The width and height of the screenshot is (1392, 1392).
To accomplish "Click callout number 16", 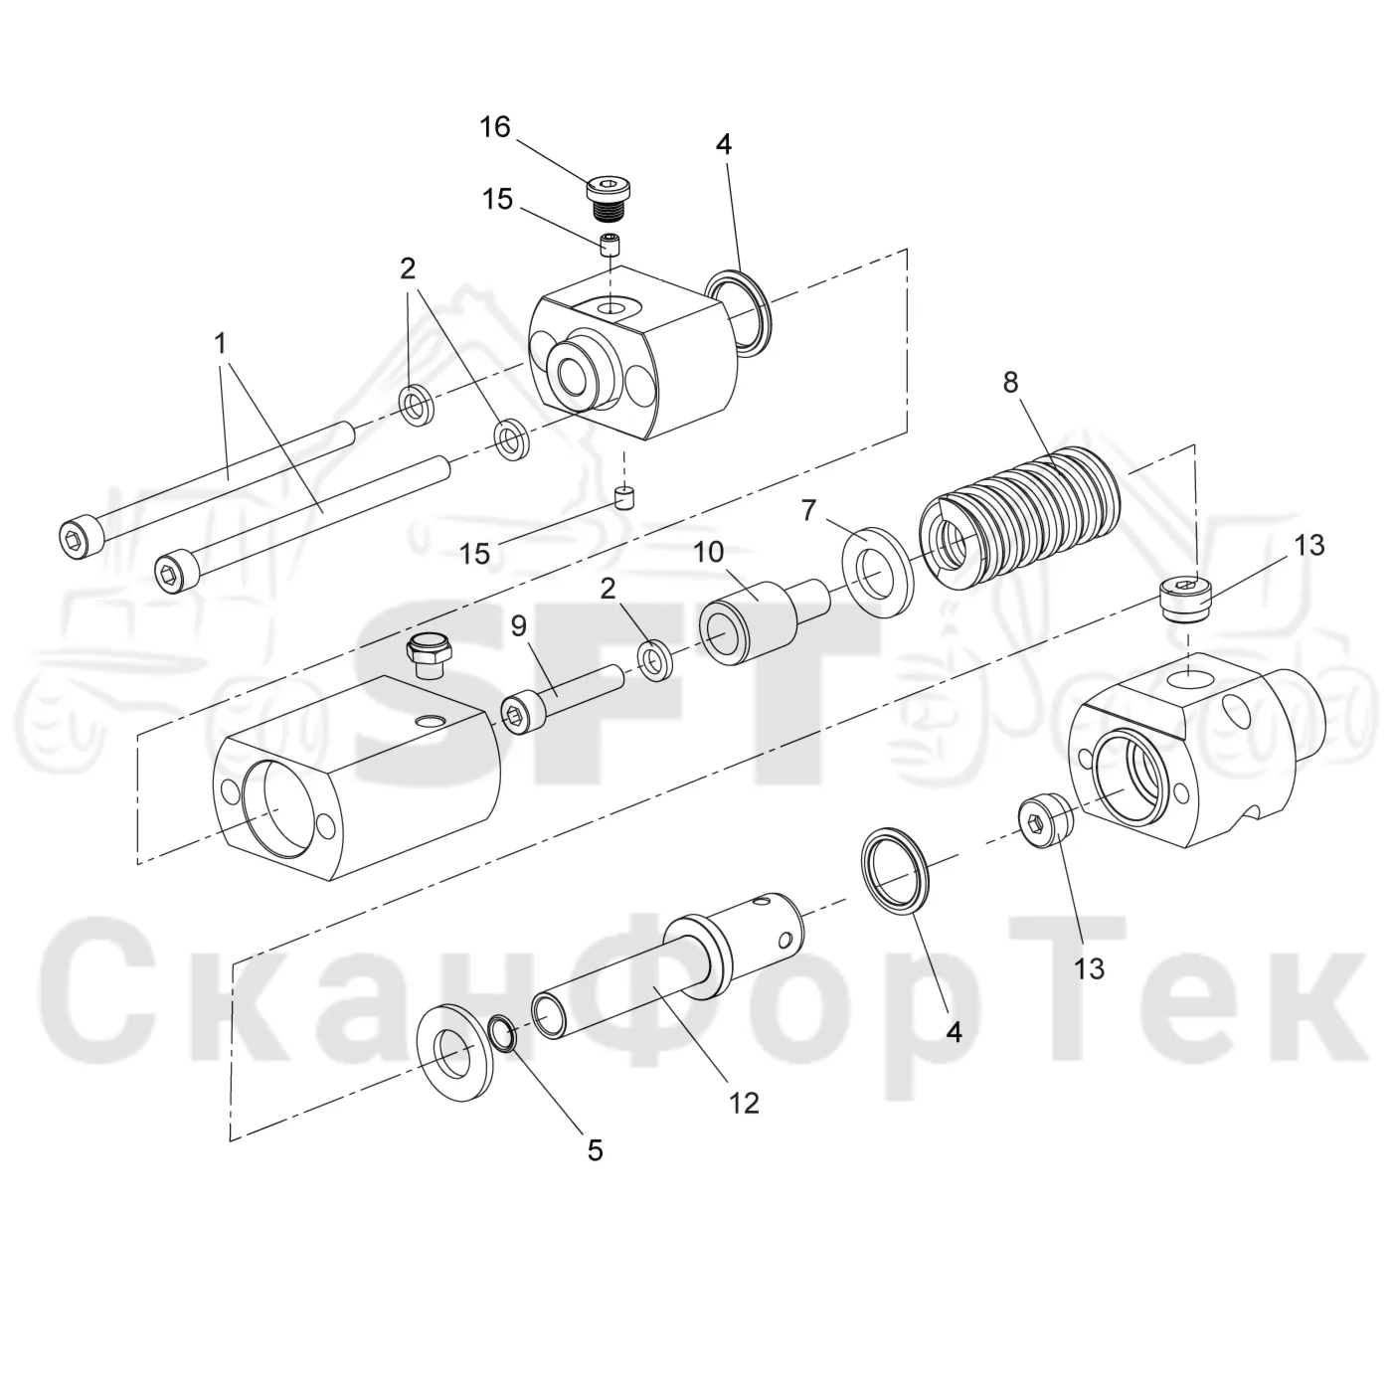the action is (495, 127).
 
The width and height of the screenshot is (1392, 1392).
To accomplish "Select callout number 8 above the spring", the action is (1010, 382).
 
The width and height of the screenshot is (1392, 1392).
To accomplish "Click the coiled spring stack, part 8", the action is (1019, 521).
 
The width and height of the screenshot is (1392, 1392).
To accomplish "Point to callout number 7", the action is (808, 511).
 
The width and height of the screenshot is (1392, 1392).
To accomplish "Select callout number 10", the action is (709, 553).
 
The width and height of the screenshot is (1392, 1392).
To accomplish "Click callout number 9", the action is (519, 625).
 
